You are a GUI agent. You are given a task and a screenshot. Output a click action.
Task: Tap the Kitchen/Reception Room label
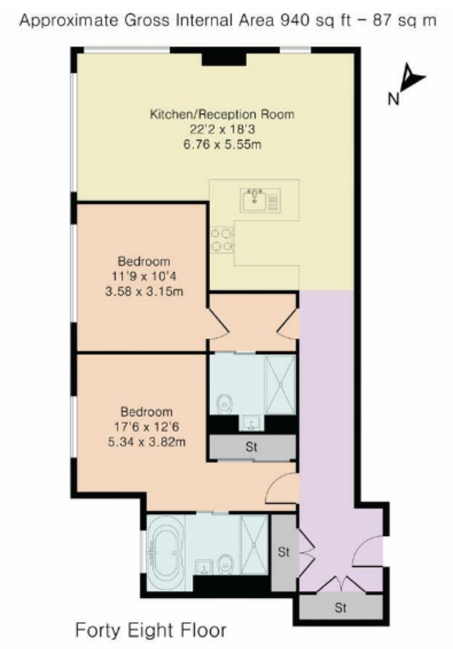(x=222, y=114)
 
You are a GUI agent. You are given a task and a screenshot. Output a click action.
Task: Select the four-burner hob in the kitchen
(x=222, y=240)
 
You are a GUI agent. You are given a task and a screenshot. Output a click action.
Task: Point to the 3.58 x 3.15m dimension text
(x=144, y=291)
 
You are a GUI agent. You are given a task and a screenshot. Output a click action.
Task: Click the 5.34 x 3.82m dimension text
(x=147, y=442)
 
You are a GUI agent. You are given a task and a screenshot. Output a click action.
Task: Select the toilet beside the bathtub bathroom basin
(x=225, y=564)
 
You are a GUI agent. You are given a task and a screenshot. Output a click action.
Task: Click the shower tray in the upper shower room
(x=280, y=384)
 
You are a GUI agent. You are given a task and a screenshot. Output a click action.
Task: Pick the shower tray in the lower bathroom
(x=255, y=544)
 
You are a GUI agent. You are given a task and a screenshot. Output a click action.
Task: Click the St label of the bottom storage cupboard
(x=340, y=608)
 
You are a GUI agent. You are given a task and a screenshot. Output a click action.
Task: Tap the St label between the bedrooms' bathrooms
(x=251, y=446)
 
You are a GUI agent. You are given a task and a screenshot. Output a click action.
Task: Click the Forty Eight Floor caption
(x=151, y=630)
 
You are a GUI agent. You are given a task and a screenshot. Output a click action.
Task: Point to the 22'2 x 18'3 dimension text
(x=222, y=129)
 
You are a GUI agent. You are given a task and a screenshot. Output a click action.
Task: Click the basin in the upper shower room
(x=251, y=422)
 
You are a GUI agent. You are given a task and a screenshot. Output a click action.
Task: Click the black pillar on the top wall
(x=224, y=59)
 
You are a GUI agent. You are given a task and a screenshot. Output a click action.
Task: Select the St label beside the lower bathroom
(x=284, y=552)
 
